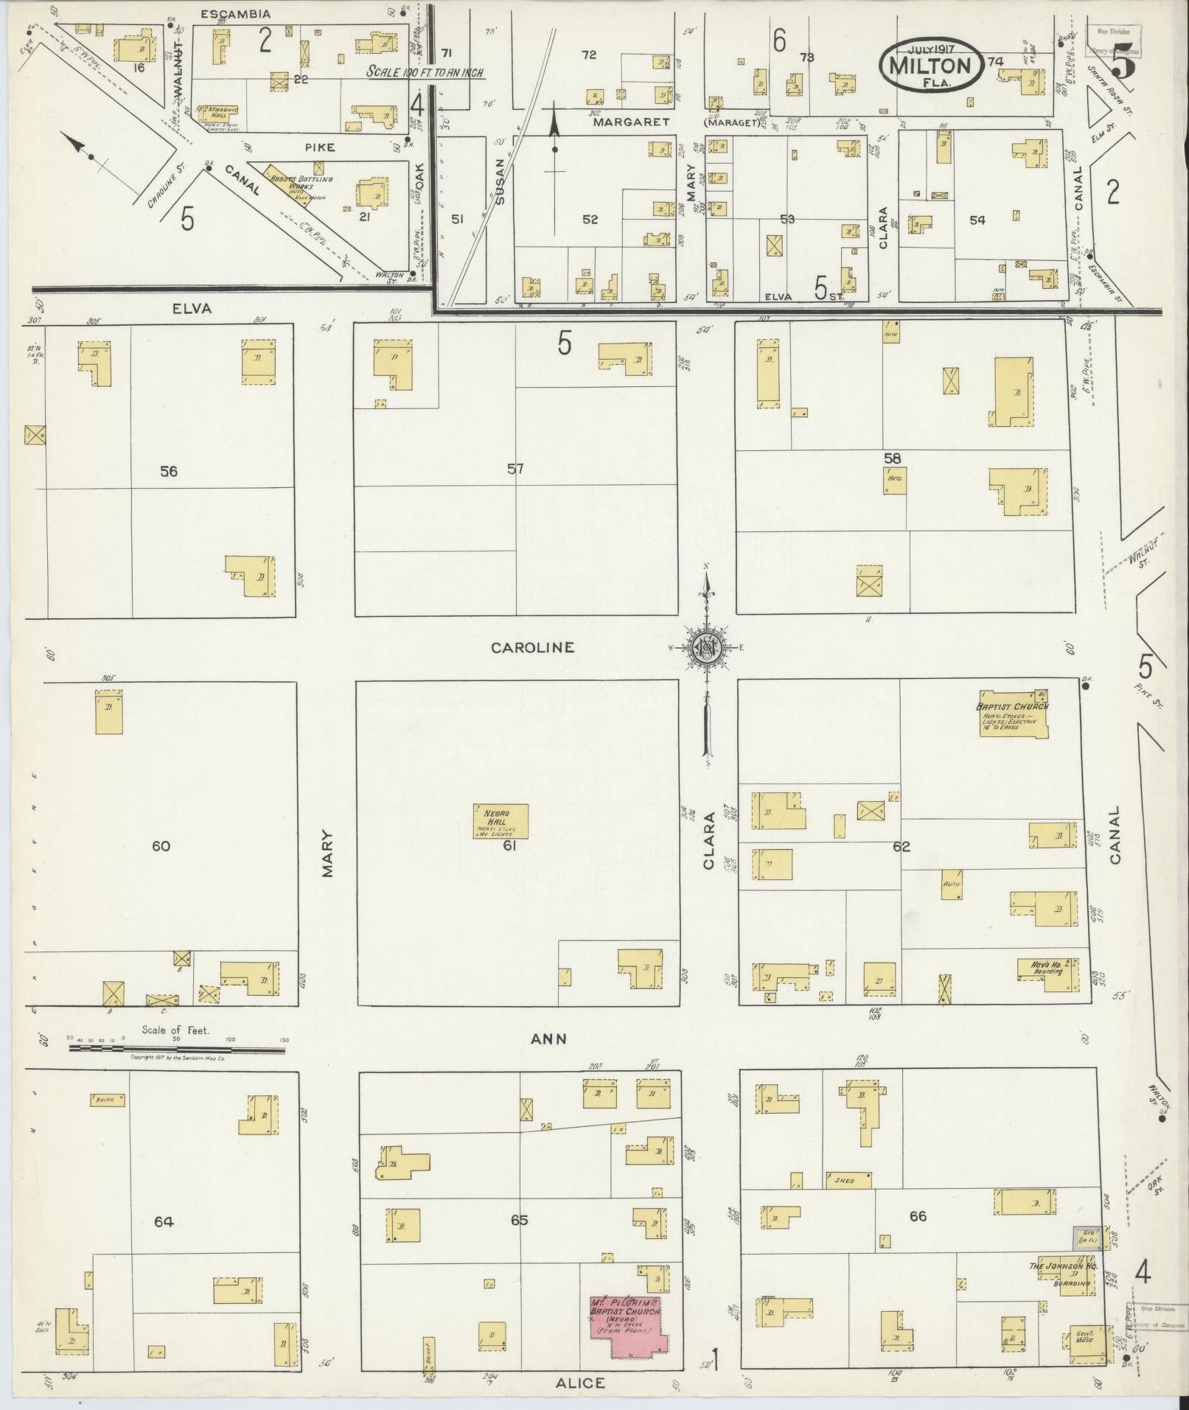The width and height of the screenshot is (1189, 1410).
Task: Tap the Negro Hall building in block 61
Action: coord(501,820)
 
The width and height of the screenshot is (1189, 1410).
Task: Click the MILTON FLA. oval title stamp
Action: coord(930,65)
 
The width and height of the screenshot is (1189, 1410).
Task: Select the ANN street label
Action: coord(548,1039)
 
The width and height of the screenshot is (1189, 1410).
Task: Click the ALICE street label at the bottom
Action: coord(582,1383)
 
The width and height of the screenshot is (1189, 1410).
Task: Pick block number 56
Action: coord(169,471)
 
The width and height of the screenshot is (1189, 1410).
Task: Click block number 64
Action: coord(164,1221)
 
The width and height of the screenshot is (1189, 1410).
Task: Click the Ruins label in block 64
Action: coord(106,1100)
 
